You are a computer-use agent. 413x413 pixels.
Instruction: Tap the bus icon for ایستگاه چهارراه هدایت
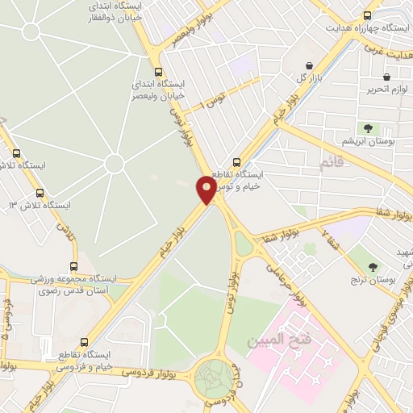click(368, 15)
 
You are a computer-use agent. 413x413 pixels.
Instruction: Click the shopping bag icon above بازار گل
click(310, 65)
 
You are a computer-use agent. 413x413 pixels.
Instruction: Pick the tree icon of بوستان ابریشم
click(368, 127)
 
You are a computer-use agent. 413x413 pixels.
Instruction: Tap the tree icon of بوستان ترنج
click(373, 267)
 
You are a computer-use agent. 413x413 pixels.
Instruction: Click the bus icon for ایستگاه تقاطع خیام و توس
click(236, 162)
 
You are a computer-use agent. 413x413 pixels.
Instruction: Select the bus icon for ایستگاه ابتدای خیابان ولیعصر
click(157, 71)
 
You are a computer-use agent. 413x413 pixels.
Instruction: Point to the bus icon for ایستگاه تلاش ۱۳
click(40, 193)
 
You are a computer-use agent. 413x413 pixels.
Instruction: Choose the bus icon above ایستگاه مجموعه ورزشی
click(74, 266)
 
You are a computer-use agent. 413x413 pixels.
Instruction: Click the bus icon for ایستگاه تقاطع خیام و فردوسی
click(86, 343)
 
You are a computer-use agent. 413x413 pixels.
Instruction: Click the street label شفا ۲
click(330, 240)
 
